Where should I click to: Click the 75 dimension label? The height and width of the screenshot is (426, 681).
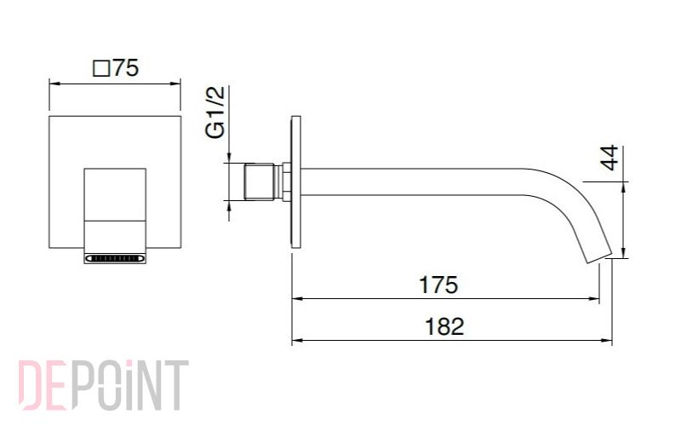pyautogui.click(x=125, y=68)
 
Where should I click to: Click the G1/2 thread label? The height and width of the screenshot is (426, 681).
pyautogui.click(x=216, y=112)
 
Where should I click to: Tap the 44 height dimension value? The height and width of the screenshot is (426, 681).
pyautogui.click(x=609, y=158)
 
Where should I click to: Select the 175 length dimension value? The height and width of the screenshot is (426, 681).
pyautogui.click(x=438, y=285)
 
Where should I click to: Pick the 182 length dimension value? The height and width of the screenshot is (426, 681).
pyautogui.click(x=444, y=326)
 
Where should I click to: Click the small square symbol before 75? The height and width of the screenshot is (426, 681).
pyautogui.click(x=101, y=69)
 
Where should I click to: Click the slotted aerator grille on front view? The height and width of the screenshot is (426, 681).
pyautogui.click(x=115, y=259)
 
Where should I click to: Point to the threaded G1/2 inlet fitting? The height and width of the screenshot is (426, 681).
pyautogui.click(x=259, y=181)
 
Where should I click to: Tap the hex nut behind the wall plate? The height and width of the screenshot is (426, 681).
pyautogui.click(x=287, y=181)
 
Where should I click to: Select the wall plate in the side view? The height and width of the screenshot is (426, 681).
pyautogui.click(x=295, y=182)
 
